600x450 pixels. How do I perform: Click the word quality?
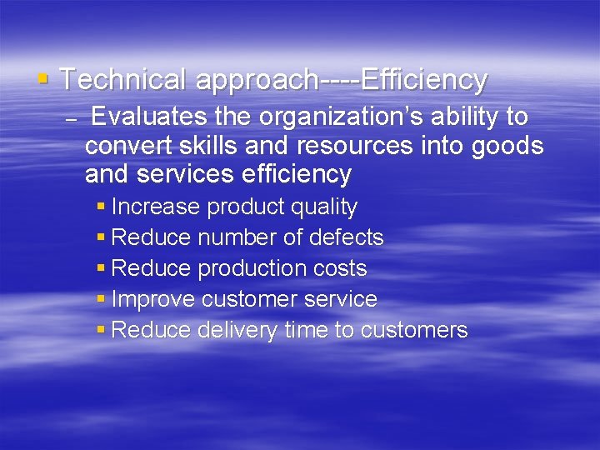321,207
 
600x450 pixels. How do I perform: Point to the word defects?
346,237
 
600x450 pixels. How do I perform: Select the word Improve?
153,299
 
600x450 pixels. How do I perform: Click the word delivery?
237,330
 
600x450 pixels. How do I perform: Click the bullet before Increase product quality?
101,207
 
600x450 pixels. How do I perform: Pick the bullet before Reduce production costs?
101,268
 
